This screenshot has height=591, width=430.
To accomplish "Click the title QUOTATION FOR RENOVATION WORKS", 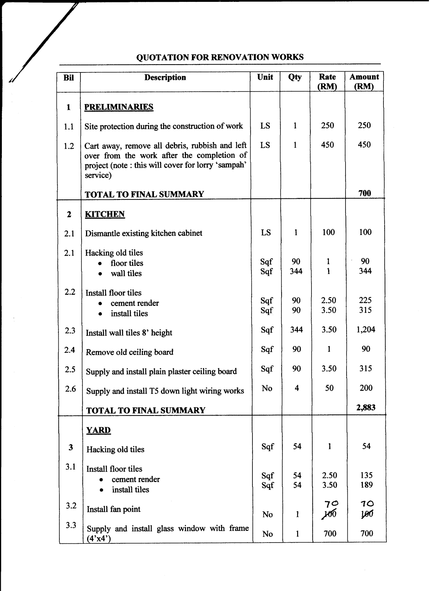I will pos(220,57).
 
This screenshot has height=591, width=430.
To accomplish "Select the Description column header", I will pos(165,78).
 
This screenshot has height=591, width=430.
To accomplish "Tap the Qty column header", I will pos(295,77).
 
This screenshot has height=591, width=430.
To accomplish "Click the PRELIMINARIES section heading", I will pos(118,107).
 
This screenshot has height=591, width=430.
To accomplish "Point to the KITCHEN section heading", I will pos(105,214).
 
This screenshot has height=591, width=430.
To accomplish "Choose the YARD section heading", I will pos(99,430).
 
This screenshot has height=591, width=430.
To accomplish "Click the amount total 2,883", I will pos(366,407).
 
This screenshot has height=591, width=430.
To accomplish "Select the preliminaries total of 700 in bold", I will pos(365,193).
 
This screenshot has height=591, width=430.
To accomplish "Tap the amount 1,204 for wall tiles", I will pos(366,329).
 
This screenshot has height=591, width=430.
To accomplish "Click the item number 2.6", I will pos(70,389).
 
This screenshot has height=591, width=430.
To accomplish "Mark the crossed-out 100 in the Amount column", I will pos(367,514).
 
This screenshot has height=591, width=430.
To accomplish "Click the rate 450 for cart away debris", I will pos(327,145).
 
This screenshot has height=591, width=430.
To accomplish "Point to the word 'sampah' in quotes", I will pos(234,165).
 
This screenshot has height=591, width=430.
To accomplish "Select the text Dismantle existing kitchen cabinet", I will pos(144,233).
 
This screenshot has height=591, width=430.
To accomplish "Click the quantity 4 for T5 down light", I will pos(296,388).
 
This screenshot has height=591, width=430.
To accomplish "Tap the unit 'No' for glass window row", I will pos(268,534).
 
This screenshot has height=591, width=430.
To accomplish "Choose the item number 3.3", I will pos(70,525).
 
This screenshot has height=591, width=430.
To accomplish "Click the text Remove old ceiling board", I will pos(130,352).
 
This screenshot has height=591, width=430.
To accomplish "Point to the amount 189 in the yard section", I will pos(367,485).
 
